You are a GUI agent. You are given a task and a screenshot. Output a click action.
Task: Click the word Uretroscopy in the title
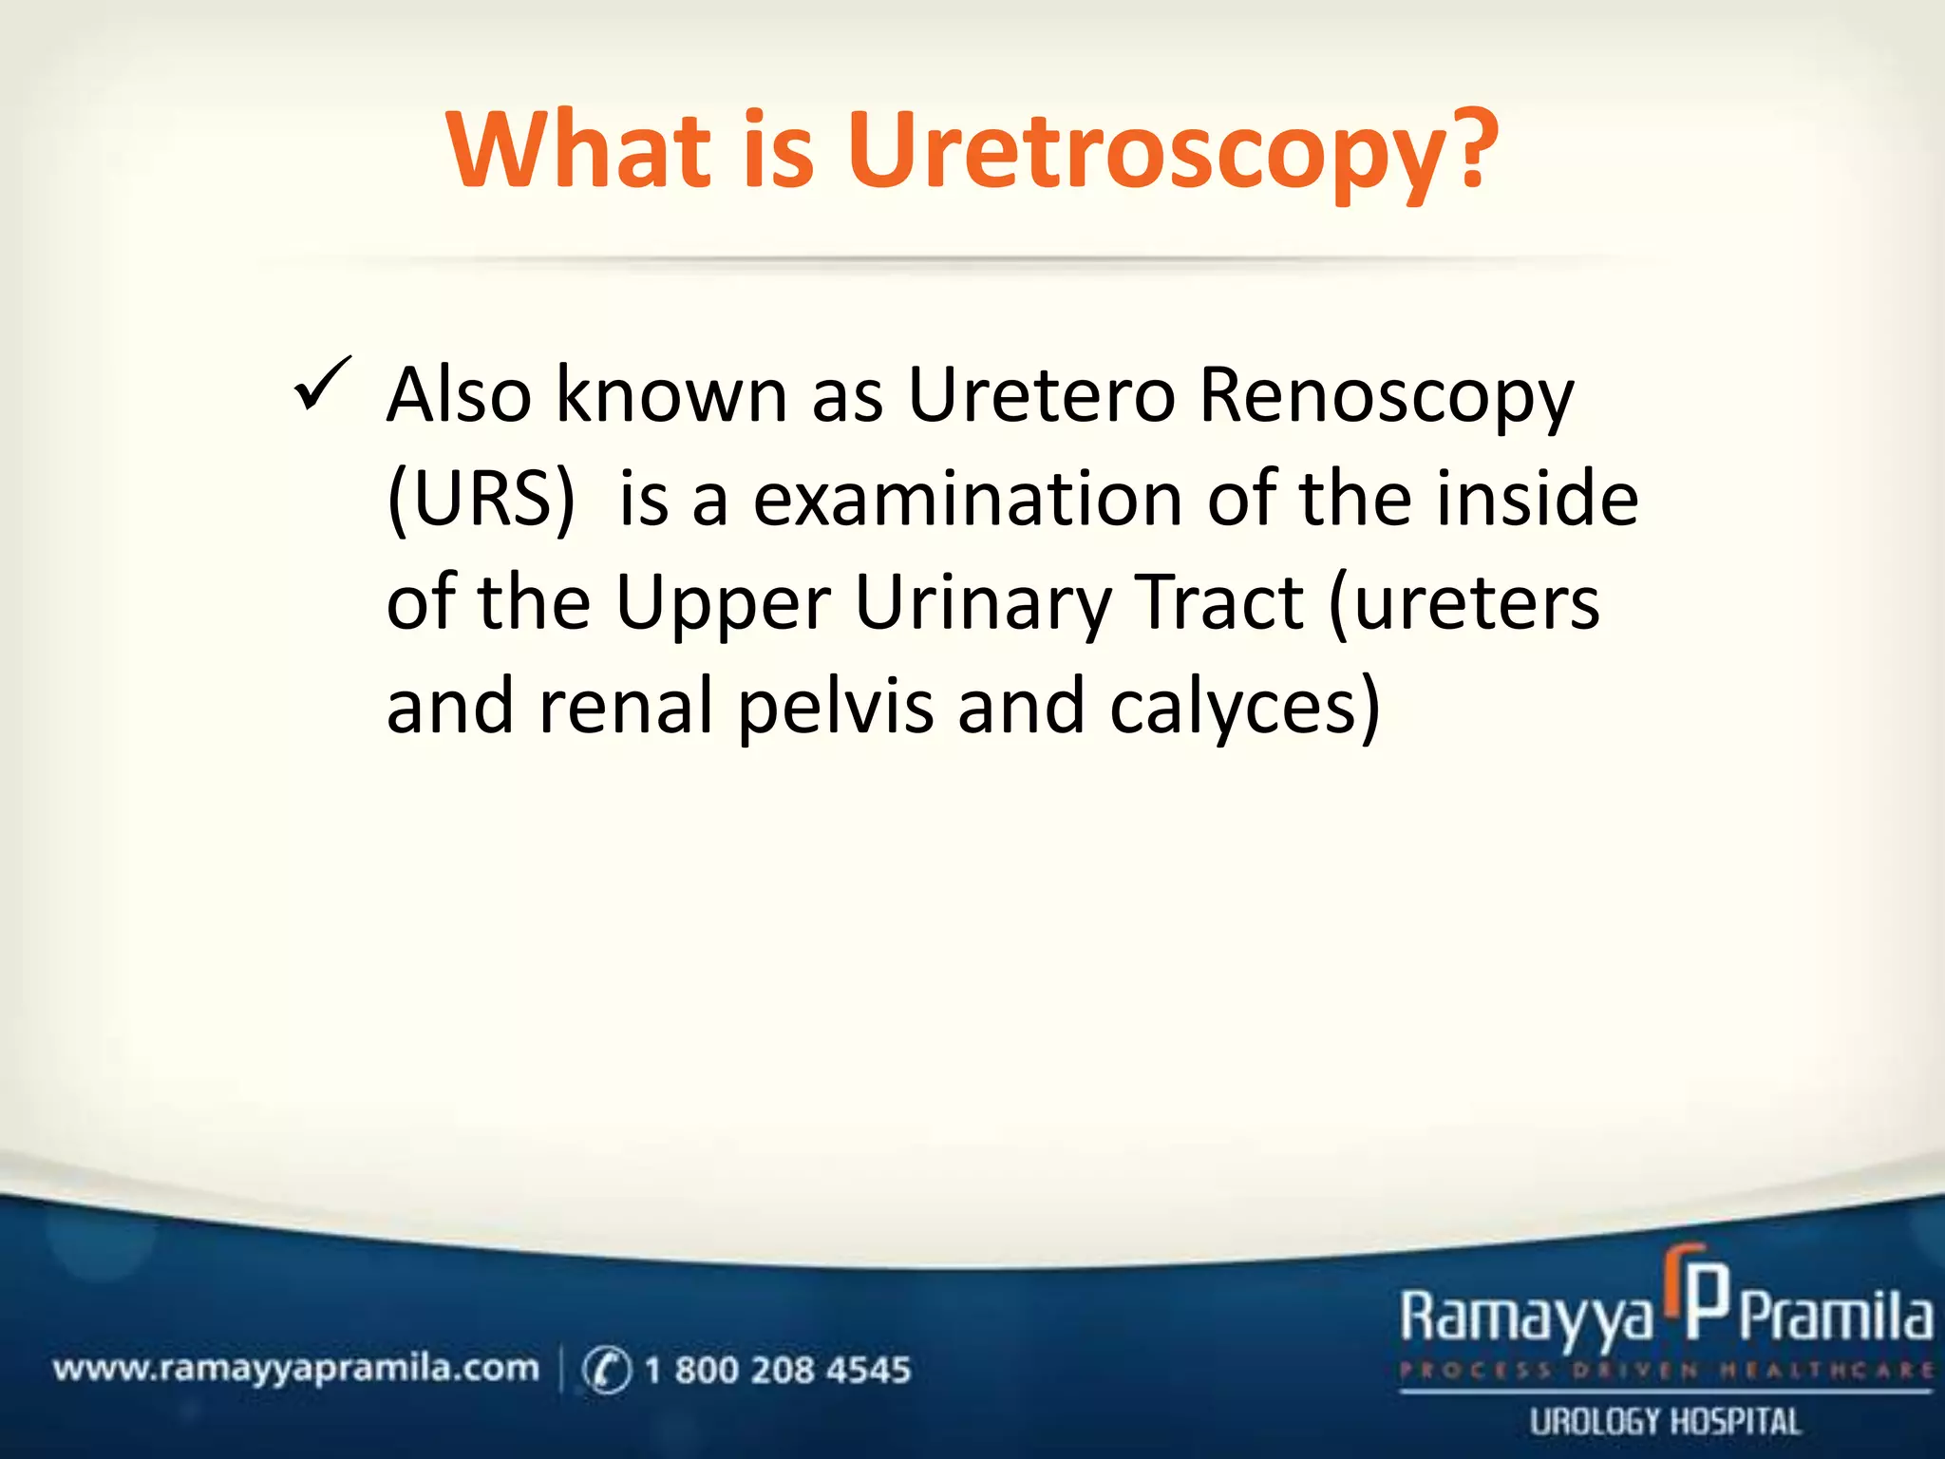click(1170, 152)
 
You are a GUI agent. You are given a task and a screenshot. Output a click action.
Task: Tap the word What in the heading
click(579, 150)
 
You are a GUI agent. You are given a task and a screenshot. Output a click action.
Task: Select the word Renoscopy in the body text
click(1387, 397)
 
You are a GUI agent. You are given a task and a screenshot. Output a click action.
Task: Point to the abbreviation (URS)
click(482, 500)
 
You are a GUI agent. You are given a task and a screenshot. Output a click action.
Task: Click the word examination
click(967, 500)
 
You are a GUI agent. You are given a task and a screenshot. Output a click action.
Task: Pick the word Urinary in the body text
click(982, 604)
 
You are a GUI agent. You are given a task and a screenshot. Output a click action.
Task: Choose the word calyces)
click(1244, 707)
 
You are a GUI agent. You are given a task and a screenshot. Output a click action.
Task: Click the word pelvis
click(836, 709)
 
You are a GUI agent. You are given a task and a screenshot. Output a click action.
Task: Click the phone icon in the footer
click(606, 1370)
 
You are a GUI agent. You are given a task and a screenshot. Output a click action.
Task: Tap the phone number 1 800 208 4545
click(777, 1370)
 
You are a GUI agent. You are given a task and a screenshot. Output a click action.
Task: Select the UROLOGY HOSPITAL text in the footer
click(1665, 1422)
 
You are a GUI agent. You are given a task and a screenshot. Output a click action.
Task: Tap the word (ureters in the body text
click(1463, 604)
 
